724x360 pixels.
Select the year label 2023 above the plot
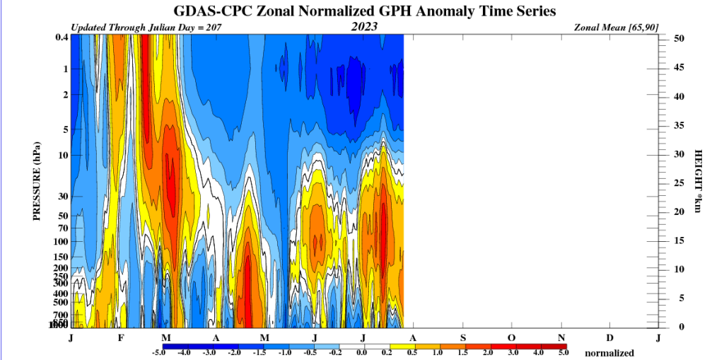coord(364,27)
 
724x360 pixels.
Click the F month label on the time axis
coord(121,337)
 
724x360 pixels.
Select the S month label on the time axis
coord(463,337)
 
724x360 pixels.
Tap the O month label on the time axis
coord(511,337)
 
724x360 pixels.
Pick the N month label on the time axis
coord(561,337)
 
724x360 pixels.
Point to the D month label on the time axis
coord(609,337)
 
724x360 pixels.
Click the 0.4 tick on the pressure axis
coord(62,37)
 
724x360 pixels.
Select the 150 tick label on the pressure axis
coord(60,257)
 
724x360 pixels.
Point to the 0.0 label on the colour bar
coord(362,352)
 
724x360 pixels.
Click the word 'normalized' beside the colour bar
coord(609,352)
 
